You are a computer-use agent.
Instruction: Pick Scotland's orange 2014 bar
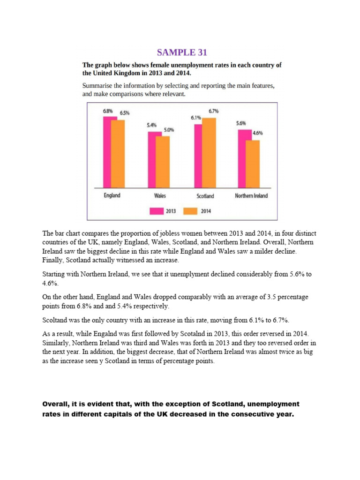[209, 152]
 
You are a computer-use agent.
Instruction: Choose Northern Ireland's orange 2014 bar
[253, 164]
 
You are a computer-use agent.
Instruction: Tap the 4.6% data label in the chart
[257, 133]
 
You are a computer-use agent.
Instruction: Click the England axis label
[112, 195]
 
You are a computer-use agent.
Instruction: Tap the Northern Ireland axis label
[251, 196]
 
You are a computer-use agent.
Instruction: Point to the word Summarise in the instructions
[97, 86]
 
